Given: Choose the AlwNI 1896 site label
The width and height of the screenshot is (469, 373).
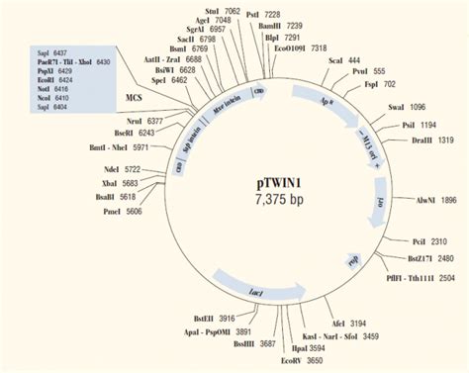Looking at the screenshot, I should pyautogui.click(x=435, y=200).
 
